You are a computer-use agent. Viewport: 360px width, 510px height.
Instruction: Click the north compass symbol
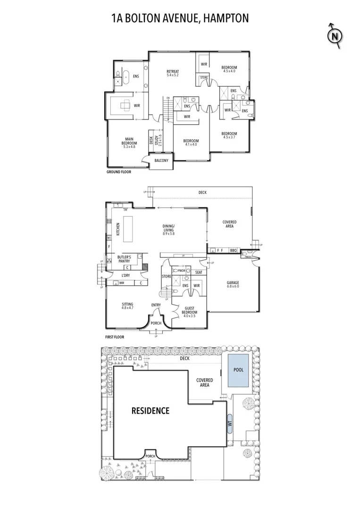(335, 35)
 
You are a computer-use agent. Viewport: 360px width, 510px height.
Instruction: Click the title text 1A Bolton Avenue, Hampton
(180, 18)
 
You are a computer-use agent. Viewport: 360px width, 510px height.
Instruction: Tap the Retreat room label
(173, 73)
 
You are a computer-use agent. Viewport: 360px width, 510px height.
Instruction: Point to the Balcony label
(161, 161)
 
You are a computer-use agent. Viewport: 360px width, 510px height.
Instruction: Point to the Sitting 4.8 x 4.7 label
(127, 306)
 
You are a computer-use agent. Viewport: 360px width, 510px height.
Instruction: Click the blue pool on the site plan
(239, 370)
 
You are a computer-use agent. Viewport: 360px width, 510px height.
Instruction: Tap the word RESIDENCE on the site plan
(150, 410)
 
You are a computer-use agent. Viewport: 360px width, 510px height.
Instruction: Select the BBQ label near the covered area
(233, 250)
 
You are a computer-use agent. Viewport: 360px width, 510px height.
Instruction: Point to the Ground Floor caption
(118, 172)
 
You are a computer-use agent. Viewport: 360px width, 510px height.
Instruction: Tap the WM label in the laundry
(121, 283)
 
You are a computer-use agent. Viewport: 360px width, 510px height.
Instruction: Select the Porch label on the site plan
(151, 456)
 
